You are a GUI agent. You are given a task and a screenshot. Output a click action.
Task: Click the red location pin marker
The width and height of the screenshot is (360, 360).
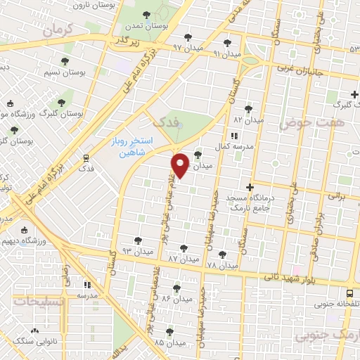[181, 165]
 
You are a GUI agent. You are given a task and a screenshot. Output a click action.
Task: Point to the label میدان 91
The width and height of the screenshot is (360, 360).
[226, 53]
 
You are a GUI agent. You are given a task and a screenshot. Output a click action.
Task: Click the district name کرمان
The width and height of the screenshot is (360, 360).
[57, 30]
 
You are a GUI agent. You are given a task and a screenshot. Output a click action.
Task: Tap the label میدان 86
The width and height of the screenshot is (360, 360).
[176, 298]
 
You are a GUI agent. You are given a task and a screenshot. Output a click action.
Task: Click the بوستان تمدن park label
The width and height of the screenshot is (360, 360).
[146, 25]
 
